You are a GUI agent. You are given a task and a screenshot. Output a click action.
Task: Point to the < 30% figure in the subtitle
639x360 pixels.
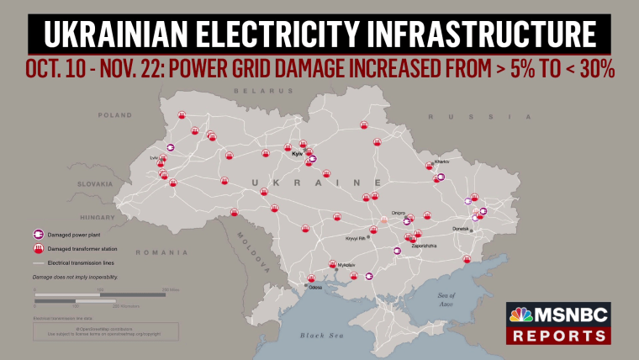pyautogui.click(x=585, y=70)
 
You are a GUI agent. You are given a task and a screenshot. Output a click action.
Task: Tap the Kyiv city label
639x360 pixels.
pyautogui.click(x=296, y=155)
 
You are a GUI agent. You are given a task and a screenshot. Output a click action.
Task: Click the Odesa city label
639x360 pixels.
pyautogui.click(x=315, y=288)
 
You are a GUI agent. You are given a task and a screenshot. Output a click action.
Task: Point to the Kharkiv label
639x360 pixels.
pyautogui.click(x=441, y=161)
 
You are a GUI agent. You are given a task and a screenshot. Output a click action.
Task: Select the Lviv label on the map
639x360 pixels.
pyautogui.click(x=155, y=157)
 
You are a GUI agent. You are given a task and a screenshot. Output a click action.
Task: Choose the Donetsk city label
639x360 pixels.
pyautogui.click(x=461, y=229)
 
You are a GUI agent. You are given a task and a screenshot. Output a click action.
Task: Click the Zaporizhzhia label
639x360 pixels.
pyautogui.click(x=424, y=245)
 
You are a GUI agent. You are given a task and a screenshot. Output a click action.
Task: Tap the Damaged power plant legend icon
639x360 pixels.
pyautogui.click(x=38, y=234)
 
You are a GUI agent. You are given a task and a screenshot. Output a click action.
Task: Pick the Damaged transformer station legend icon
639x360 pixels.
pyautogui.click(x=38, y=249)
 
